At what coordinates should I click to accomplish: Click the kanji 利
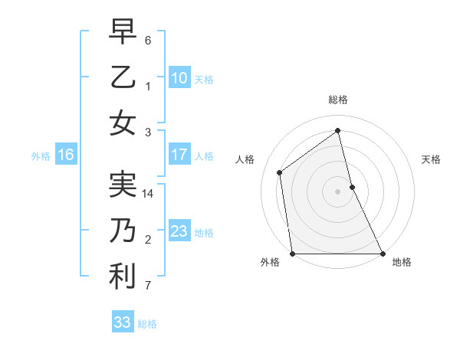tap(123, 277)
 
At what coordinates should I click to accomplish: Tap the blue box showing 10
tap(179, 77)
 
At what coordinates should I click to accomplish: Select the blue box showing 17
tap(179, 155)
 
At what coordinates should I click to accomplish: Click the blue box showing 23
tap(179, 231)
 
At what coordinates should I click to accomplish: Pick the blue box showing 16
tap(65, 155)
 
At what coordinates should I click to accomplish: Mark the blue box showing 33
tap(122, 322)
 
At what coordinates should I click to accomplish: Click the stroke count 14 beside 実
tap(148, 194)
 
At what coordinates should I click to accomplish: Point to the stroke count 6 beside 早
tap(148, 40)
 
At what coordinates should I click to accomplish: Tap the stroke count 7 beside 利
tap(148, 286)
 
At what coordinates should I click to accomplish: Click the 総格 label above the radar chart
tap(338, 100)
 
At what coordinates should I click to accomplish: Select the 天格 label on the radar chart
tap(432, 159)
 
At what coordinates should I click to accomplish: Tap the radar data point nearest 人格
tap(280, 172)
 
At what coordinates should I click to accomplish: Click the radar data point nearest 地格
tap(382, 253)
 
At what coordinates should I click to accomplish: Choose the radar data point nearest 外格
tap(293, 253)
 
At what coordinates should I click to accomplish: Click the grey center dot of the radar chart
tap(337, 191)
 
